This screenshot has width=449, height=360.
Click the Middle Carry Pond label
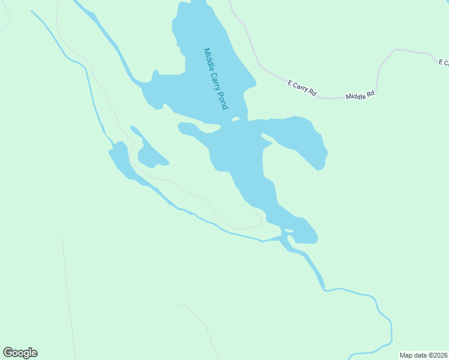pos(215,79)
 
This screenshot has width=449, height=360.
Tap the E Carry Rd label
pos(302,88)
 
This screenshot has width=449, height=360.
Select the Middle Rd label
pos(360,95)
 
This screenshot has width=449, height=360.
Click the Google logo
pos(20,353)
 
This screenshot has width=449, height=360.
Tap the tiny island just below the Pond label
pos(235,119)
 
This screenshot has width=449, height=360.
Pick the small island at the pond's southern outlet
pos(289,230)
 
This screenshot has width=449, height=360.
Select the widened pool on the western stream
pos(119,154)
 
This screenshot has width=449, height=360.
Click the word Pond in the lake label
pos(221,100)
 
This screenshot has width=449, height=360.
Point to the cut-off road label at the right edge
pos(444,62)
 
